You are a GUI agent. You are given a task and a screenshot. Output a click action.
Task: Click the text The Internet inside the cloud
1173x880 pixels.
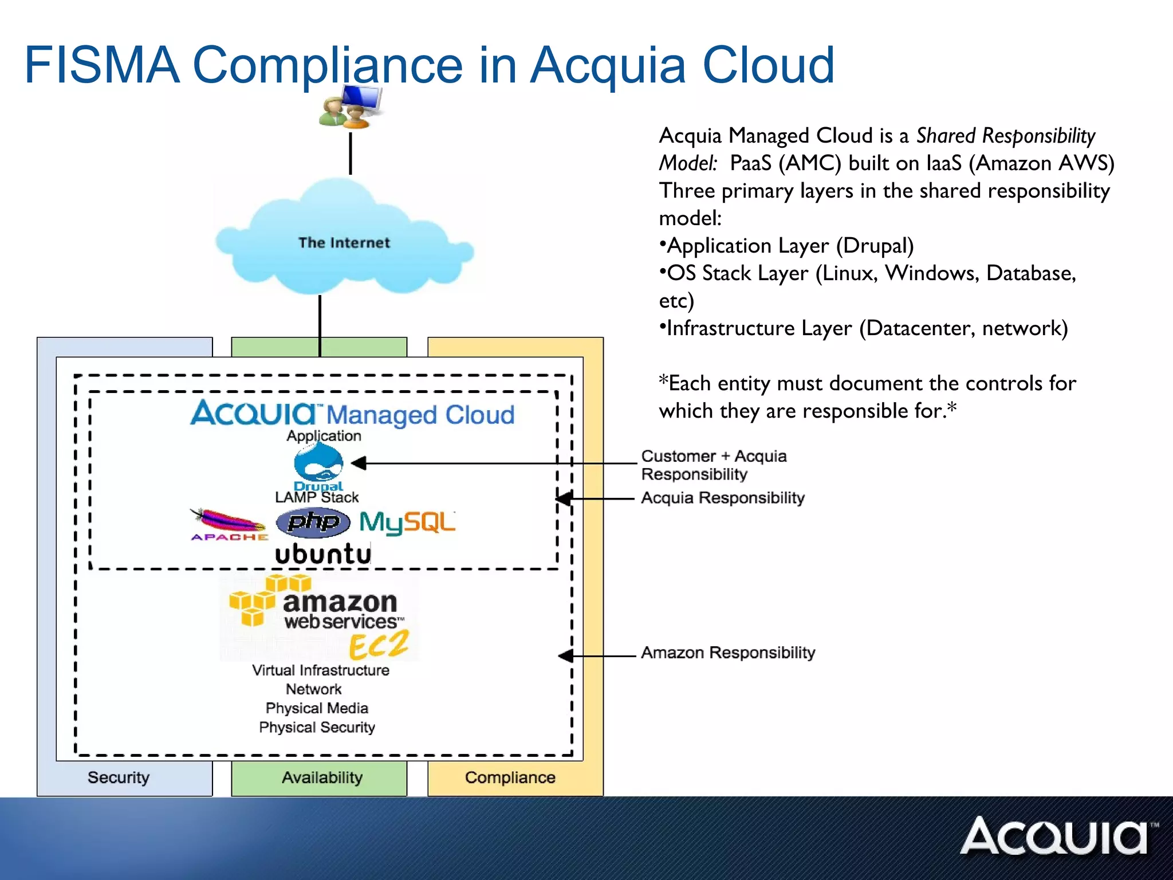coord(344,242)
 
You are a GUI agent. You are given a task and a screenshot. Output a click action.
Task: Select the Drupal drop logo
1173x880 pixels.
coord(318,463)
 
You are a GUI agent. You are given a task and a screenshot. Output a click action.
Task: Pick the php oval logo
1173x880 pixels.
coord(313,522)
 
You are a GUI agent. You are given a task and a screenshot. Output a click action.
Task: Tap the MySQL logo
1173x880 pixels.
coord(407,522)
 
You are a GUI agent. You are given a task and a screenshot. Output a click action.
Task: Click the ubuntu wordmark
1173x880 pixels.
coord(323,554)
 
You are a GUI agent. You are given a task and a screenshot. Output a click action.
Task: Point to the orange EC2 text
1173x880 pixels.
coord(379,645)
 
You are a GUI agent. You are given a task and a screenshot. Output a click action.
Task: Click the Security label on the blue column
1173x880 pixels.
coord(119,777)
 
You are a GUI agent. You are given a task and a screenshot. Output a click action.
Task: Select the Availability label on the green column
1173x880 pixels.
coord(322,777)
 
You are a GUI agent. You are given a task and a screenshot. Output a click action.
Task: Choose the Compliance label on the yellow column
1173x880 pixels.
coord(510,777)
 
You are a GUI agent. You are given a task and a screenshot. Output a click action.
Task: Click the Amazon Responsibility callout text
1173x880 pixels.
coord(727,653)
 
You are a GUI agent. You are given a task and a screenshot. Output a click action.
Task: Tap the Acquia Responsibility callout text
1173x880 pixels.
coord(722,497)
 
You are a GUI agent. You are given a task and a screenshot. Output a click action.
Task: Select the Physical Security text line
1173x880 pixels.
coord(317,727)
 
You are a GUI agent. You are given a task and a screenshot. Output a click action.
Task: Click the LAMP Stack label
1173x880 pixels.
coord(317,497)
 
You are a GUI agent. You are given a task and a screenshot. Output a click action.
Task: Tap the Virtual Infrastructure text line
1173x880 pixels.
coord(320,670)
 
